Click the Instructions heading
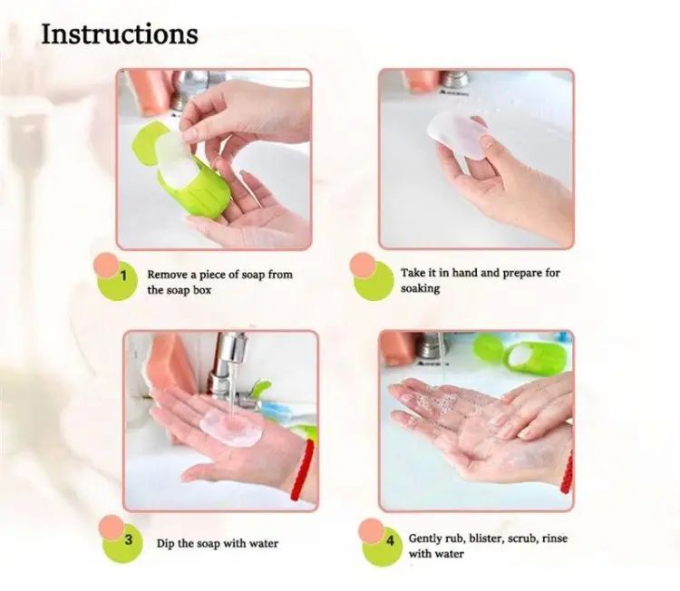click(x=120, y=34)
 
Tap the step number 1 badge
click(x=115, y=278)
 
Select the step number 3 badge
click(x=121, y=540)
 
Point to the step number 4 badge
click(x=382, y=542)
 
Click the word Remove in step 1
click(x=168, y=275)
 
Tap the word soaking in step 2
click(x=420, y=289)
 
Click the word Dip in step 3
click(x=166, y=544)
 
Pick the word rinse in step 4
click(x=555, y=538)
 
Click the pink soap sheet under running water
click(x=231, y=427)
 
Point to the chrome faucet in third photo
click(x=230, y=369)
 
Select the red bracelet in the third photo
click(x=301, y=470)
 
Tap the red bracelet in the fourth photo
click(x=567, y=472)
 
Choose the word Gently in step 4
click(x=425, y=539)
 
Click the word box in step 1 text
click(x=202, y=290)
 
